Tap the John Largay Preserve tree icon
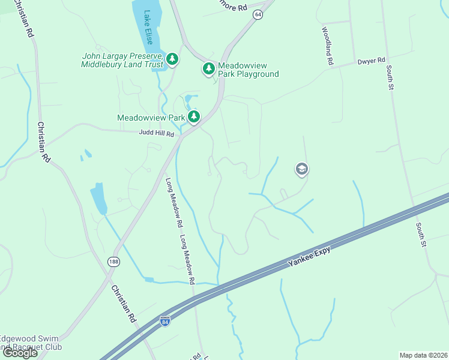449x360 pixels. (x=173, y=58)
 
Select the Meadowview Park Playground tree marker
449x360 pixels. (x=208, y=69)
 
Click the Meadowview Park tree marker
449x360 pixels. (x=193, y=116)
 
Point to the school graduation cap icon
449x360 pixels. (x=301, y=170)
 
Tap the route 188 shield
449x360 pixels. (x=113, y=262)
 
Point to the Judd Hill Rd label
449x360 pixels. (x=156, y=133)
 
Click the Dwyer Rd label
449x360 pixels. (x=370, y=61)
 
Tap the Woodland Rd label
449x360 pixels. (x=328, y=46)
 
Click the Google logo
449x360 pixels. (x=20, y=353)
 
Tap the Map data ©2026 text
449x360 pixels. (x=423, y=355)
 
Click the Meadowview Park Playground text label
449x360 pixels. (x=248, y=70)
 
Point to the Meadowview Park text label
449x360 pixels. (x=150, y=118)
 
